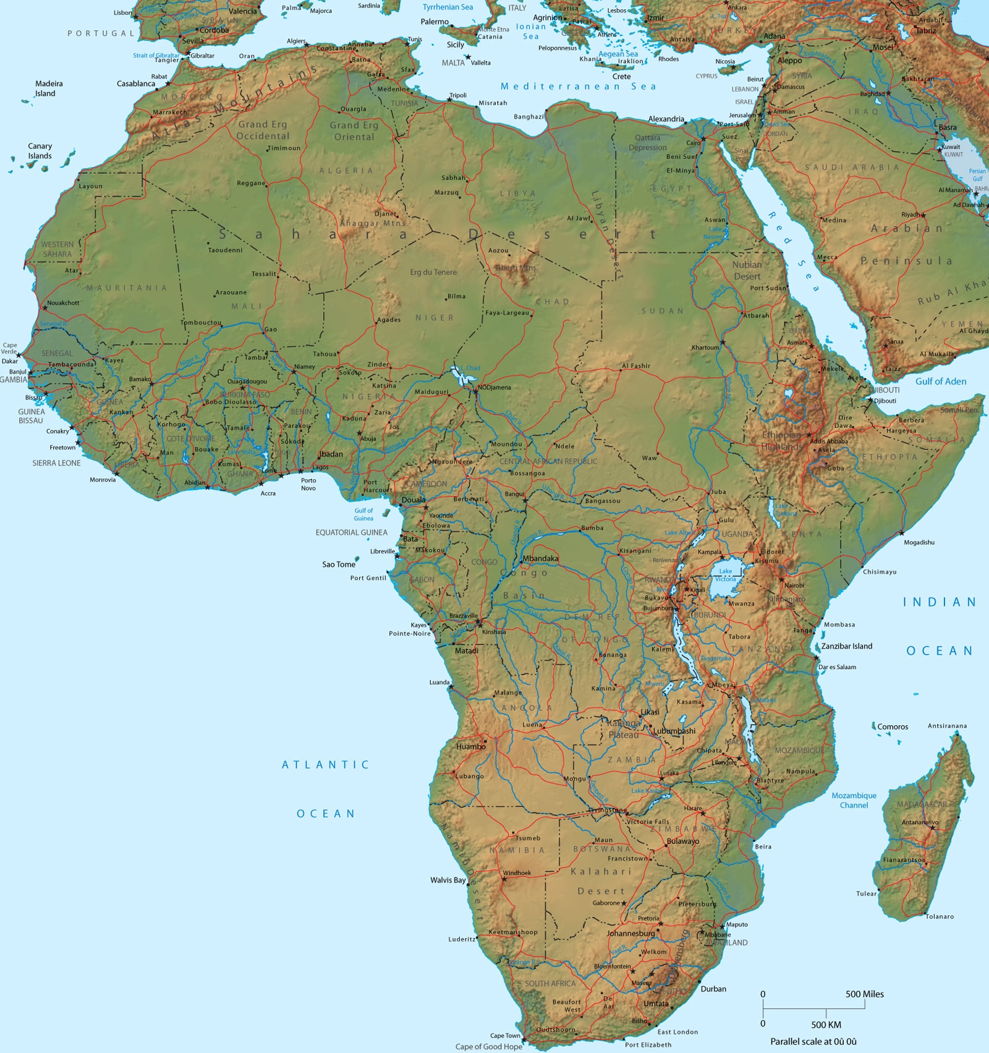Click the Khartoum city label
coord(705,347)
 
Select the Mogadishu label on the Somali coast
coord(919,542)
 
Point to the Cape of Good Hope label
coord(488,1046)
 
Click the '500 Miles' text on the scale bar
coord(864,994)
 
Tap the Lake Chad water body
coord(457,373)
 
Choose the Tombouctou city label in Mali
coord(201,323)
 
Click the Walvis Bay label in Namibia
coord(448,880)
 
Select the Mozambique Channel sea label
coord(854,800)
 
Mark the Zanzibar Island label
coord(846,646)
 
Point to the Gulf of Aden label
coord(940,382)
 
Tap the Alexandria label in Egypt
coord(666,119)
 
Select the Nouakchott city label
coord(64,303)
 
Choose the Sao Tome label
coord(339,565)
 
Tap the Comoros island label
coord(893,727)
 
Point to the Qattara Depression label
coord(647,143)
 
